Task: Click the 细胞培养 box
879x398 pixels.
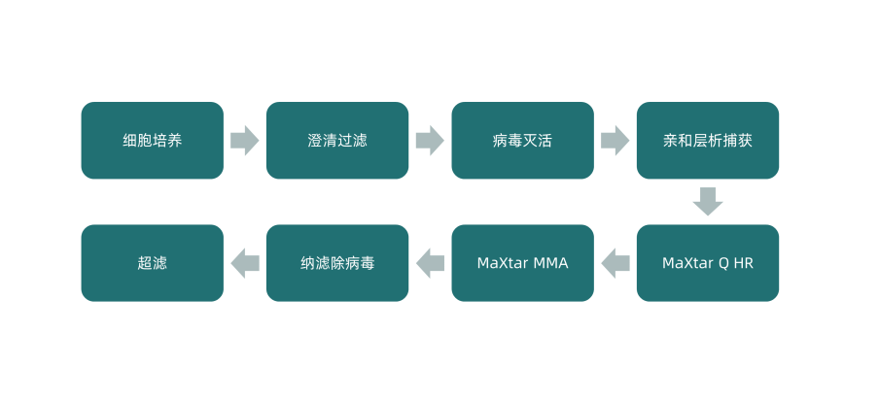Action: point(152,141)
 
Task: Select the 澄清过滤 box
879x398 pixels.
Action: point(337,141)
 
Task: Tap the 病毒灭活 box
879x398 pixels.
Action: point(522,141)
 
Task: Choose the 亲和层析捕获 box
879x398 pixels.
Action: point(707,141)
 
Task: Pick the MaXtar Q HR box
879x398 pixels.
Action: point(707,263)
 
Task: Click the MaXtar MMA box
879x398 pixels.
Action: point(522,263)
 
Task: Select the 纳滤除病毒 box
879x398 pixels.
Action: point(337,263)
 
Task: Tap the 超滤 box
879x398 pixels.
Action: point(152,263)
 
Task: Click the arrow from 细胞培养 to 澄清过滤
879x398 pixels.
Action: point(245,141)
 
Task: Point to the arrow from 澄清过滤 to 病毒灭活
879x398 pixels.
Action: point(430,141)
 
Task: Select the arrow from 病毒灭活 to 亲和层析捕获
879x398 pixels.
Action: point(615,141)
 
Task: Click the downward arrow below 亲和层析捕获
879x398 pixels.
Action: point(708,201)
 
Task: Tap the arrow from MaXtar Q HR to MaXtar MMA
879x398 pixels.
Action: point(615,263)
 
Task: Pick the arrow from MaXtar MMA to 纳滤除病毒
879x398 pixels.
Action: point(430,263)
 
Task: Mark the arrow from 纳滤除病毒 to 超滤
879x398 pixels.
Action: point(245,263)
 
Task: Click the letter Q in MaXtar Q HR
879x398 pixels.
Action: point(722,263)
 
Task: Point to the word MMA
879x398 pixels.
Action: point(550,263)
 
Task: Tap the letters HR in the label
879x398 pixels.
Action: point(743,263)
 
